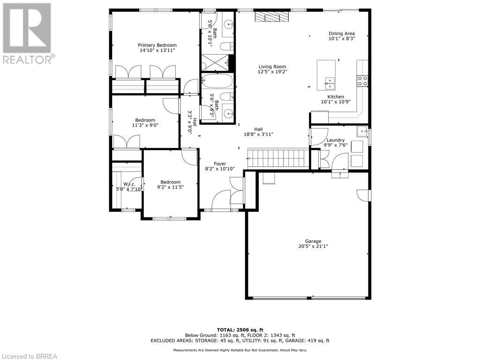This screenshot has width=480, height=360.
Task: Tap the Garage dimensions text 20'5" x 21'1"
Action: pos(313,246)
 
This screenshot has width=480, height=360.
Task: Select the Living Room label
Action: pos(272,67)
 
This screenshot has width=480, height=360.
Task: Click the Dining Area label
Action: pos(341,33)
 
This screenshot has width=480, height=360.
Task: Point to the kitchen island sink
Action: pos(330,83)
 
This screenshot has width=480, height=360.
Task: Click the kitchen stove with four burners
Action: pos(362,81)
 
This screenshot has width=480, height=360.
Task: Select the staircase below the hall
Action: pos(278,158)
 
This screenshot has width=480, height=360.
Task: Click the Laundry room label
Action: pos(336,140)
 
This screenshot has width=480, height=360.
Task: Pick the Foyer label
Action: pos(220,164)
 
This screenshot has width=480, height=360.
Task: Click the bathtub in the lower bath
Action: pos(217,82)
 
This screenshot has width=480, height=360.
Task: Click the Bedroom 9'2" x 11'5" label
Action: pos(170,182)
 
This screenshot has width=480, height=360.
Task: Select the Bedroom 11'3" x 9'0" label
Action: pos(145,120)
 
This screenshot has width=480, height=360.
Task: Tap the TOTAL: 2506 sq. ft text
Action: pos(240,330)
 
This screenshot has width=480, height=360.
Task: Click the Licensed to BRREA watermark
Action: pos(29,356)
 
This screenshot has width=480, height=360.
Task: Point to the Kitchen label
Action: pos(336,97)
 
